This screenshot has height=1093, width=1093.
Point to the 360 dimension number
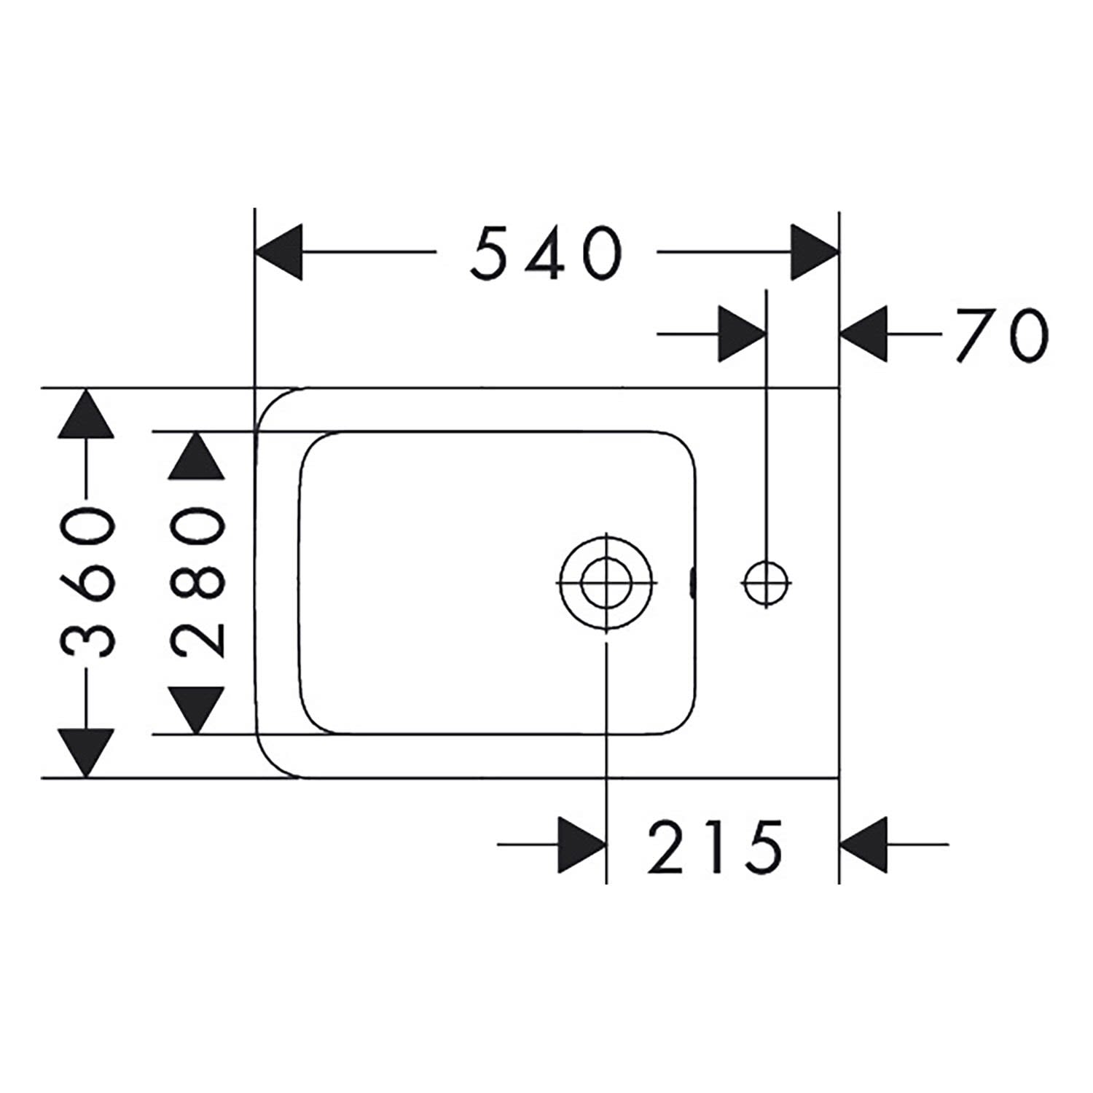[88, 583]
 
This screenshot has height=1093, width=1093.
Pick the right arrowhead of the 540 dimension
[815, 252]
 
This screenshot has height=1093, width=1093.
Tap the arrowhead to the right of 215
[864, 845]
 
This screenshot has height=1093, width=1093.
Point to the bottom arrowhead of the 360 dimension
[87, 753]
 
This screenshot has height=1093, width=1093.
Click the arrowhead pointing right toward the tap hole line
[742, 334]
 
